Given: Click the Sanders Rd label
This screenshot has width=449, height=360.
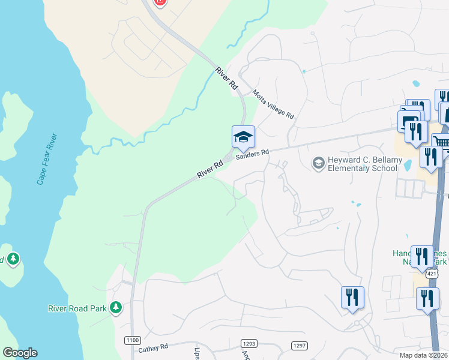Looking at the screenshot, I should click(252, 155).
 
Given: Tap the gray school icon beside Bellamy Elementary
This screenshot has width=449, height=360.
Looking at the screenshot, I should click(318, 162).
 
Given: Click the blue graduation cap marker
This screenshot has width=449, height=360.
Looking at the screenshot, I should click(243, 137).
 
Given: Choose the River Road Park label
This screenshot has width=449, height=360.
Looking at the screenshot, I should click(77, 308).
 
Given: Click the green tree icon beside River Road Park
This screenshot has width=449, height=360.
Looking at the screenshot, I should click(116, 308).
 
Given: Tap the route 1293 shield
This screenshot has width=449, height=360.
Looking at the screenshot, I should click(249, 343).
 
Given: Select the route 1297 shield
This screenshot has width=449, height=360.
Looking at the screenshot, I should click(299, 346).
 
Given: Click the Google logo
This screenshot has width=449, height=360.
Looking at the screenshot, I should click(20, 353).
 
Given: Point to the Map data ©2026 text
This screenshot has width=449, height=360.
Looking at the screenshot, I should click(423, 356).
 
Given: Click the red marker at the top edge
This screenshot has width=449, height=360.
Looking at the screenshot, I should click(159, 2).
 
